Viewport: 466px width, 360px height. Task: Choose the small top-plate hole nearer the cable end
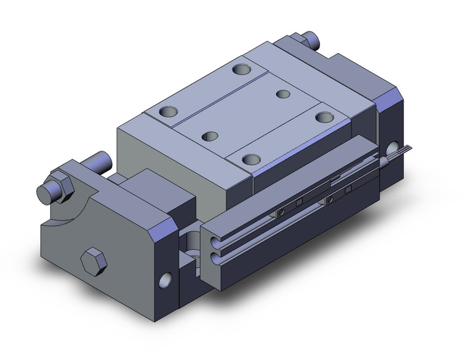click(283, 94)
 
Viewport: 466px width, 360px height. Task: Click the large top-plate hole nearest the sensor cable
click(324, 116)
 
